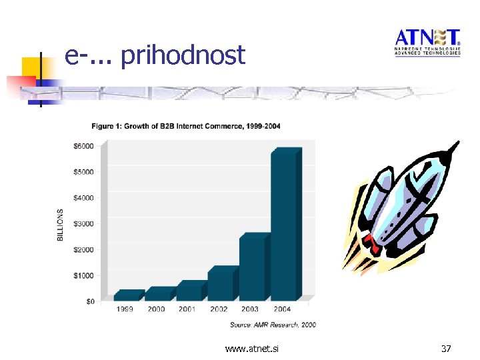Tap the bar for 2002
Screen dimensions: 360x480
(222, 285)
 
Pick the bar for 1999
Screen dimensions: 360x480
(127, 295)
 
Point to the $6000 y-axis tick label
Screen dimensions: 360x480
(83, 146)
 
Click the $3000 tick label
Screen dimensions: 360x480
(83, 223)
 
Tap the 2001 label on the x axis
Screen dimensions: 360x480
(187, 309)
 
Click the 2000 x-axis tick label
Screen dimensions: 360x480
(156, 309)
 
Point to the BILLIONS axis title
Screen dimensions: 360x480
(61, 225)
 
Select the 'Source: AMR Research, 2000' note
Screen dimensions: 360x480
(273, 325)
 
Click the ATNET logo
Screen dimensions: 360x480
(427, 42)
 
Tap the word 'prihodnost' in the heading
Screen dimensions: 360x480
(183, 55)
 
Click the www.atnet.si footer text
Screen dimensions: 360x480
(252, 348)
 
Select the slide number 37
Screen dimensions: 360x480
(446, 348)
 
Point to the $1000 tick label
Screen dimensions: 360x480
(83, 275)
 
